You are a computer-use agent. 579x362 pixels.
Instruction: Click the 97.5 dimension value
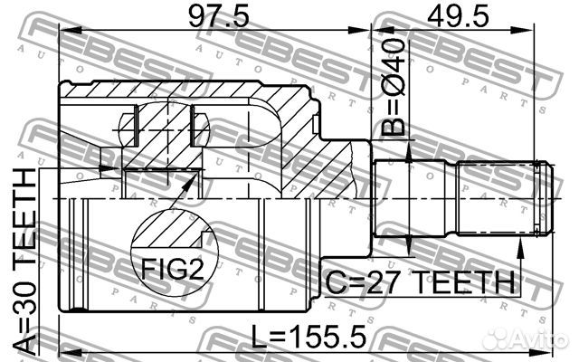pyautogui.click(x=219, y=15)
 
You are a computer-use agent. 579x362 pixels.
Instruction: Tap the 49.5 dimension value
pyautogui.click(x=458, y=15)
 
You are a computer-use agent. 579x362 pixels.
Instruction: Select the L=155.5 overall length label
pyautogui.click(x=309, y=336)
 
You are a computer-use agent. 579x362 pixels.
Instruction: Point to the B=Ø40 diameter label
pyautogui.click(x=393, y=88)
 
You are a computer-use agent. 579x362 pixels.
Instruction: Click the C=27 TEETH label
pyautogui.click(x=420, y=281)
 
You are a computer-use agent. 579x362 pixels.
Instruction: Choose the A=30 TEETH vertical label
pyautogui.click(x=25, y=263)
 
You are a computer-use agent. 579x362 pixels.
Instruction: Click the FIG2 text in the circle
pyautogui.click(x=173, y=269)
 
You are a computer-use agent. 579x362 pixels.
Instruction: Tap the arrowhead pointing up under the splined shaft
pyautogui.click(x=520, y=248)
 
